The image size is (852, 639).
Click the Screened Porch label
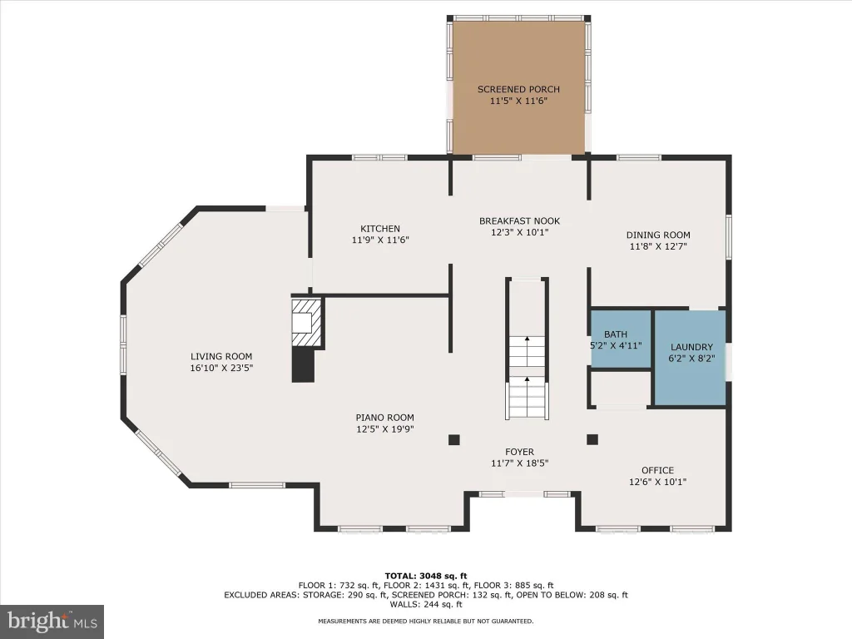tap(518, 89)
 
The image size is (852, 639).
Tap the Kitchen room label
tap(380, 229)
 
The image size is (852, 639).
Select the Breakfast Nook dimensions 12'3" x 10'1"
tap(519, 233)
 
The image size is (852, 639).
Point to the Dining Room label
tap(658, 235)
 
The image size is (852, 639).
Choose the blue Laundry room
tap(690, 358)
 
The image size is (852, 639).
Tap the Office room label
tap(657, 470)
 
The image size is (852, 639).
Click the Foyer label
tap(519, 452)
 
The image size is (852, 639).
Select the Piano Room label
tap(384, 418)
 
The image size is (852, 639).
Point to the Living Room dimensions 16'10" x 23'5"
tap(221, 368)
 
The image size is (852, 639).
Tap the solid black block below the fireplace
tap(303, 365)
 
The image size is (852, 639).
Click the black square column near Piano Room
tap(454, 439)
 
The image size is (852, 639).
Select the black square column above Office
tap(592, 439)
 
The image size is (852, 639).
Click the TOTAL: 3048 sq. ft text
tap(426, 576)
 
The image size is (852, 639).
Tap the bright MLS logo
tap(52, 622)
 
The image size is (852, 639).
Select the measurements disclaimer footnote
tap(426, 621)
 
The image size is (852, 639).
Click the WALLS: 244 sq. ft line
tap(426, 604)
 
